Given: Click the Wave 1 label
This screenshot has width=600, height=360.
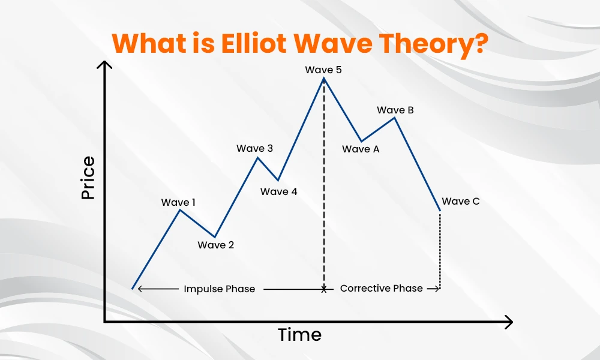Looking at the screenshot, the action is point(178,202).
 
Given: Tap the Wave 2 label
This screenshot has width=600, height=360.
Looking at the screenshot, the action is point(216,245).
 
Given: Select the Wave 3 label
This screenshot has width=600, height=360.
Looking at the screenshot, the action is point(255,148).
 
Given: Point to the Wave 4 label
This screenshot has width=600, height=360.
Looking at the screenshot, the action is point(278,191).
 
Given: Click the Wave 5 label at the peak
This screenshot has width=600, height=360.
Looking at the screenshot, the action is point(323,70).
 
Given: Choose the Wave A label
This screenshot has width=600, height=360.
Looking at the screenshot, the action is point(361,149).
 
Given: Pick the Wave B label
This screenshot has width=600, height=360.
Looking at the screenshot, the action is point(395,110).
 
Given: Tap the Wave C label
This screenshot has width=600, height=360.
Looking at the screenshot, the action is point(461,201).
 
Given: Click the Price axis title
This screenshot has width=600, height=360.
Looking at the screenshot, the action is point(88,178).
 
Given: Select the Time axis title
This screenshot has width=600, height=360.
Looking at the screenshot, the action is point(299,335).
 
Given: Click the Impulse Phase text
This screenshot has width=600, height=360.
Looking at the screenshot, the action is point(219,289).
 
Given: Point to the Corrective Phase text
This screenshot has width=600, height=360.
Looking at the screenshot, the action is point(382,288).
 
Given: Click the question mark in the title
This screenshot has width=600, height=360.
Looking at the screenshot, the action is point(481,43).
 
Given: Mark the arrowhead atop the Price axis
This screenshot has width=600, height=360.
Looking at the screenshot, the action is point(104,64).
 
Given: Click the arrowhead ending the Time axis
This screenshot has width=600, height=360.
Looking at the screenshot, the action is point(509,322).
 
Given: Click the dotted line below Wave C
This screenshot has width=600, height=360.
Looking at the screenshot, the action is point(440,250).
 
